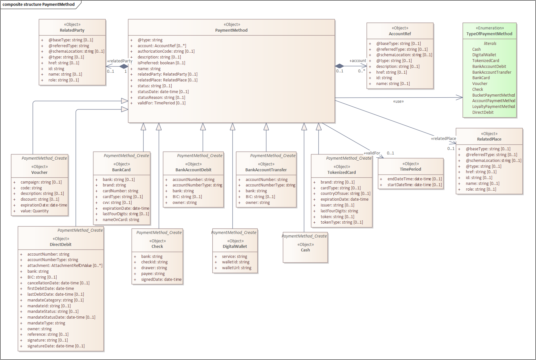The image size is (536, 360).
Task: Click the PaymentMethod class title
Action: coord(231,30)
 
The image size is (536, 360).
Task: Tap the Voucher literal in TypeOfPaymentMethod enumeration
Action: coord(479,84)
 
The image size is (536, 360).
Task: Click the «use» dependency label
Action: coord(398,101)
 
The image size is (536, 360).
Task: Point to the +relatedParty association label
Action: coord(119,61)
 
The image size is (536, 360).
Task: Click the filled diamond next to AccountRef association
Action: coord(339,66)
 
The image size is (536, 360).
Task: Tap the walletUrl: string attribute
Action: coord(236,268)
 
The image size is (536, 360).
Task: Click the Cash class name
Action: coord(305,250)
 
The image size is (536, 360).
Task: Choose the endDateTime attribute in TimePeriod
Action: coord(414,179)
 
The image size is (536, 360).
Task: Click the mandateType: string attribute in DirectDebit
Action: coord(46,323)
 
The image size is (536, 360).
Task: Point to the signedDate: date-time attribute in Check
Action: coord(161,280)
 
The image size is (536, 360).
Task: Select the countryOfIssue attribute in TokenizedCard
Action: coord(345,194)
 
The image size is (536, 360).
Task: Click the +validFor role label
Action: coord(372,153)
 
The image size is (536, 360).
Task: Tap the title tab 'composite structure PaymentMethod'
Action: coord(39,5)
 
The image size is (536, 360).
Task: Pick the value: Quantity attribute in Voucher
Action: coord(35,211)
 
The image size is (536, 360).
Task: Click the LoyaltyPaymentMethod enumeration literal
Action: coord(493,107)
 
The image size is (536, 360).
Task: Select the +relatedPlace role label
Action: coord(443,139)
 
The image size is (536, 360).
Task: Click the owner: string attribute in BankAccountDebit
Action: coord(184,203)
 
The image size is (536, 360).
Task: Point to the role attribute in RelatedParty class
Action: coord(63,80)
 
